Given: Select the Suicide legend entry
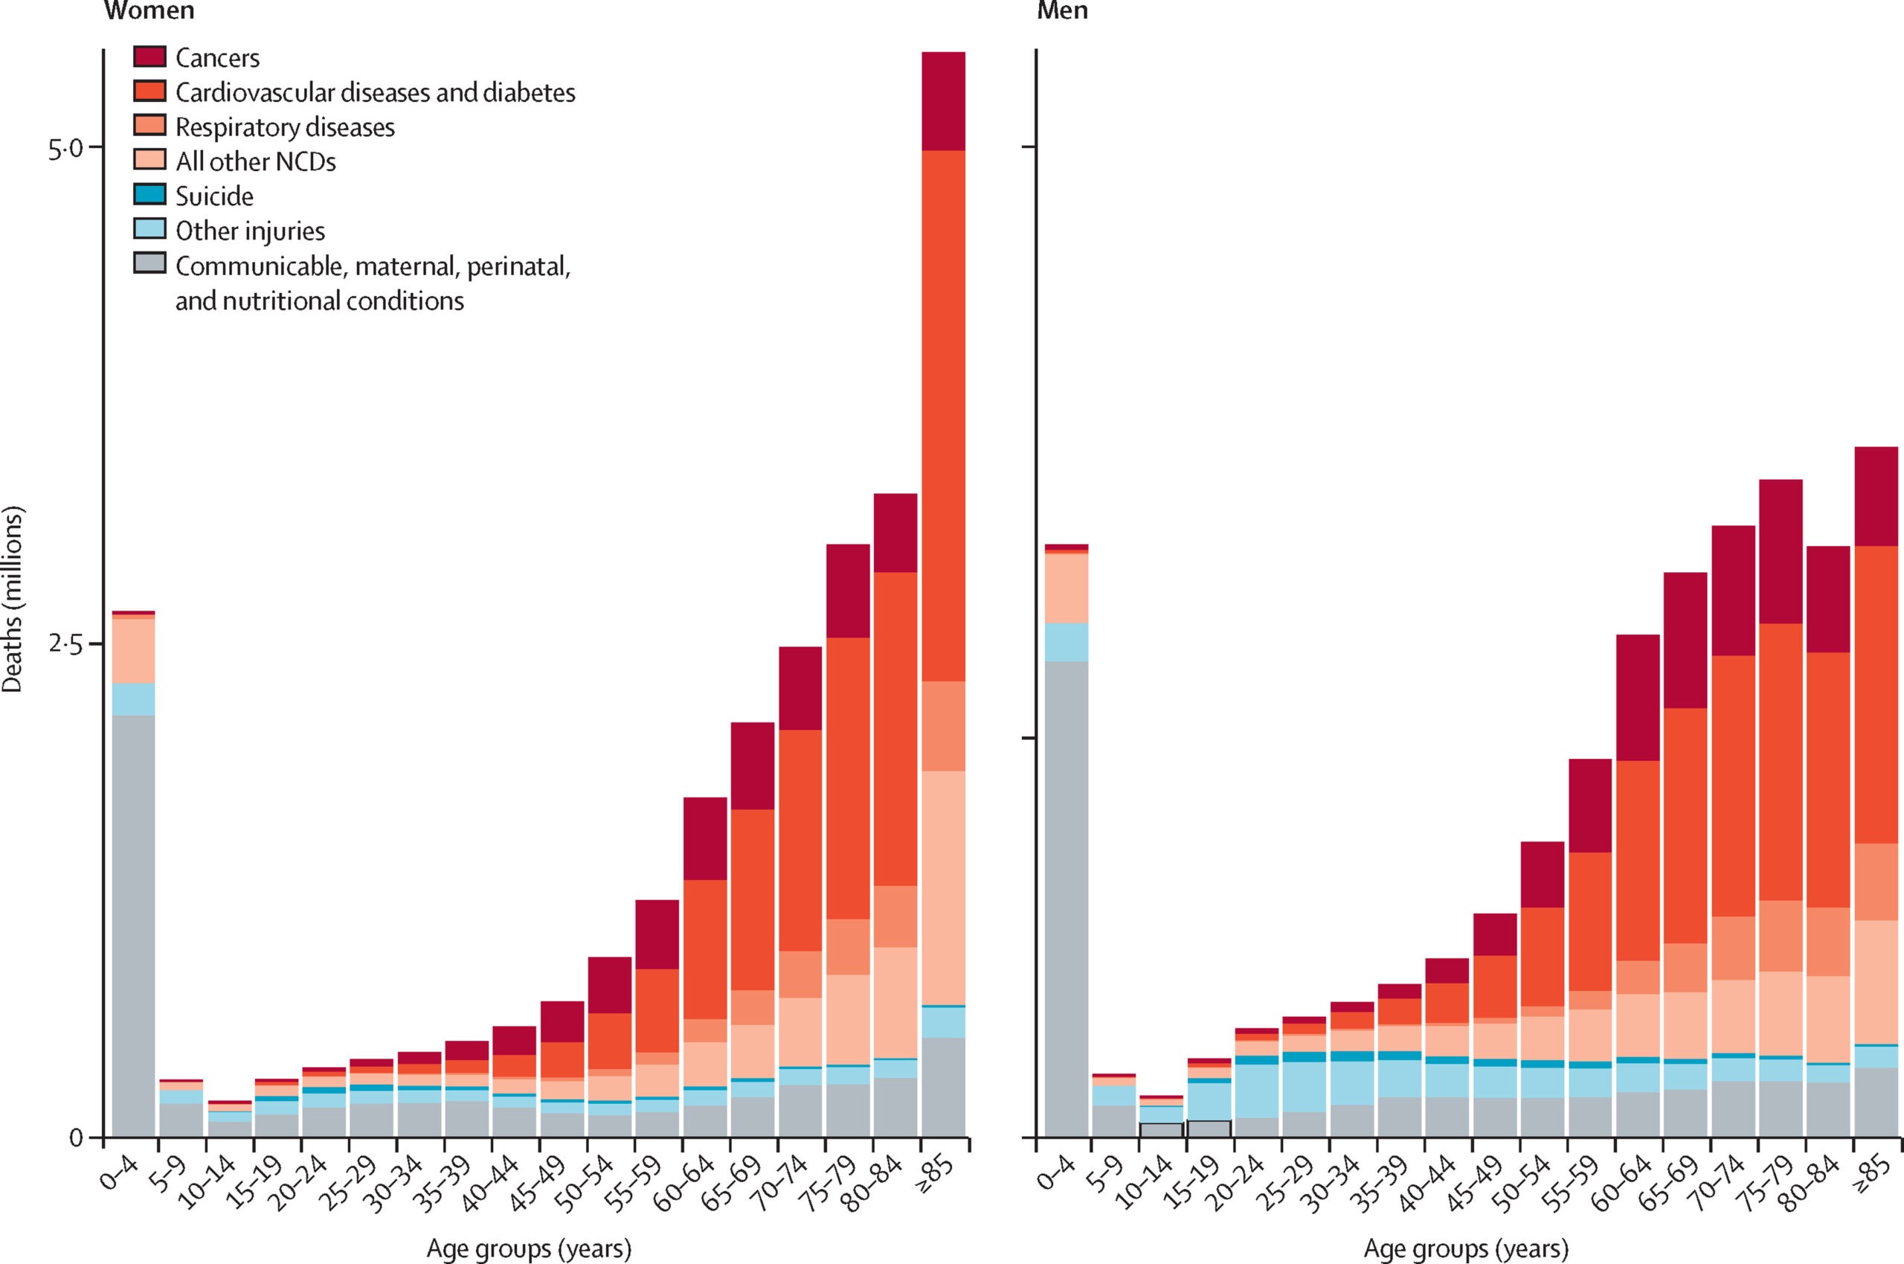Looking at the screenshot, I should (214, 196).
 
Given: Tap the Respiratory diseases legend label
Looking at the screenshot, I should (286, 127).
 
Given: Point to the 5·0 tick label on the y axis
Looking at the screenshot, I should (65, 148).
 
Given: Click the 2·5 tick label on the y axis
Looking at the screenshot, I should (65, 645).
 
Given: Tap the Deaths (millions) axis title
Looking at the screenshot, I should (15, 598).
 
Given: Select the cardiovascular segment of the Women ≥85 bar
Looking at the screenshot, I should (943, 415).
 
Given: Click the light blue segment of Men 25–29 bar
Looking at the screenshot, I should (1304, 1087).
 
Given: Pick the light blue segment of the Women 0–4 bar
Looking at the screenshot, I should (134, 699).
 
